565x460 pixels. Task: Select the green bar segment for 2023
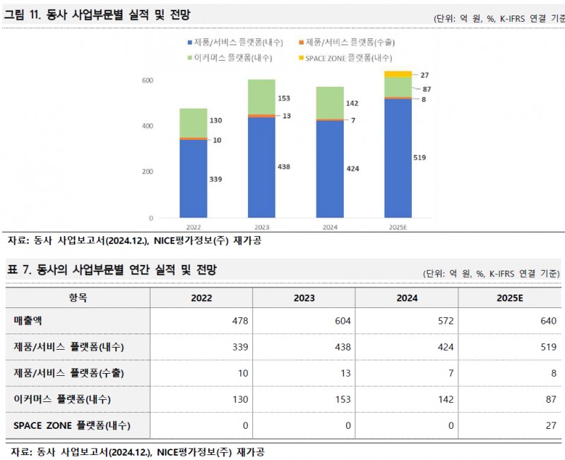pyautogui.click(x=261, y=97)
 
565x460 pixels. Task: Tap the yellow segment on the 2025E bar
pyautogui.click(x=398, y=74)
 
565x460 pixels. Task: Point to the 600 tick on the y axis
pyautogui.click(x=147, y=81)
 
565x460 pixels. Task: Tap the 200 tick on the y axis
pyautogui.click(x=147, y=172)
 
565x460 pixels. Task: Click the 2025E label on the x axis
pyautogui.click(x=398, y=228)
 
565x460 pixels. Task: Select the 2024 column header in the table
pyautogui.click(x=407, y=298)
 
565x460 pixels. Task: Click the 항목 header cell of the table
pyautogui.click(x=78, y=298)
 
